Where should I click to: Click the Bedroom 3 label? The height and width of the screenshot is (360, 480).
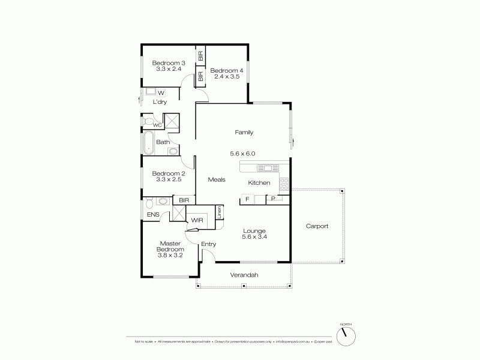click(169, 62)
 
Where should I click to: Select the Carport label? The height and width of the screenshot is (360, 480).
click(317, 226)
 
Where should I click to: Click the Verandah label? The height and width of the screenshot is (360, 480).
click(244, 275)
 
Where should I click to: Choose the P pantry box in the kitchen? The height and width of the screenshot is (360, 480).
click(273, 199)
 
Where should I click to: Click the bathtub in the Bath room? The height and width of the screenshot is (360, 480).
click(148, 143)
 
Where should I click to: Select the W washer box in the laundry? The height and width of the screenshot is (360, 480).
click(161, 92)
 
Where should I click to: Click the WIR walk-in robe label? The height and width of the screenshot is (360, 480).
click(198, 220)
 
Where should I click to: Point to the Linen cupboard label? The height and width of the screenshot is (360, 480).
click(220, 212)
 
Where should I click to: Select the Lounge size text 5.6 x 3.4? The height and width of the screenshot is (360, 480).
click(254, 237)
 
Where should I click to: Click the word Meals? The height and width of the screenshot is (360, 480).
click(217, 179)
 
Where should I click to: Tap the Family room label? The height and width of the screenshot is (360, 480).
click(244, 132)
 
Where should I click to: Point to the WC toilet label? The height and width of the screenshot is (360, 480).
click(157, 125)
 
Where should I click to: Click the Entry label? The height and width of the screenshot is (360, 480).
click(208, 244)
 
